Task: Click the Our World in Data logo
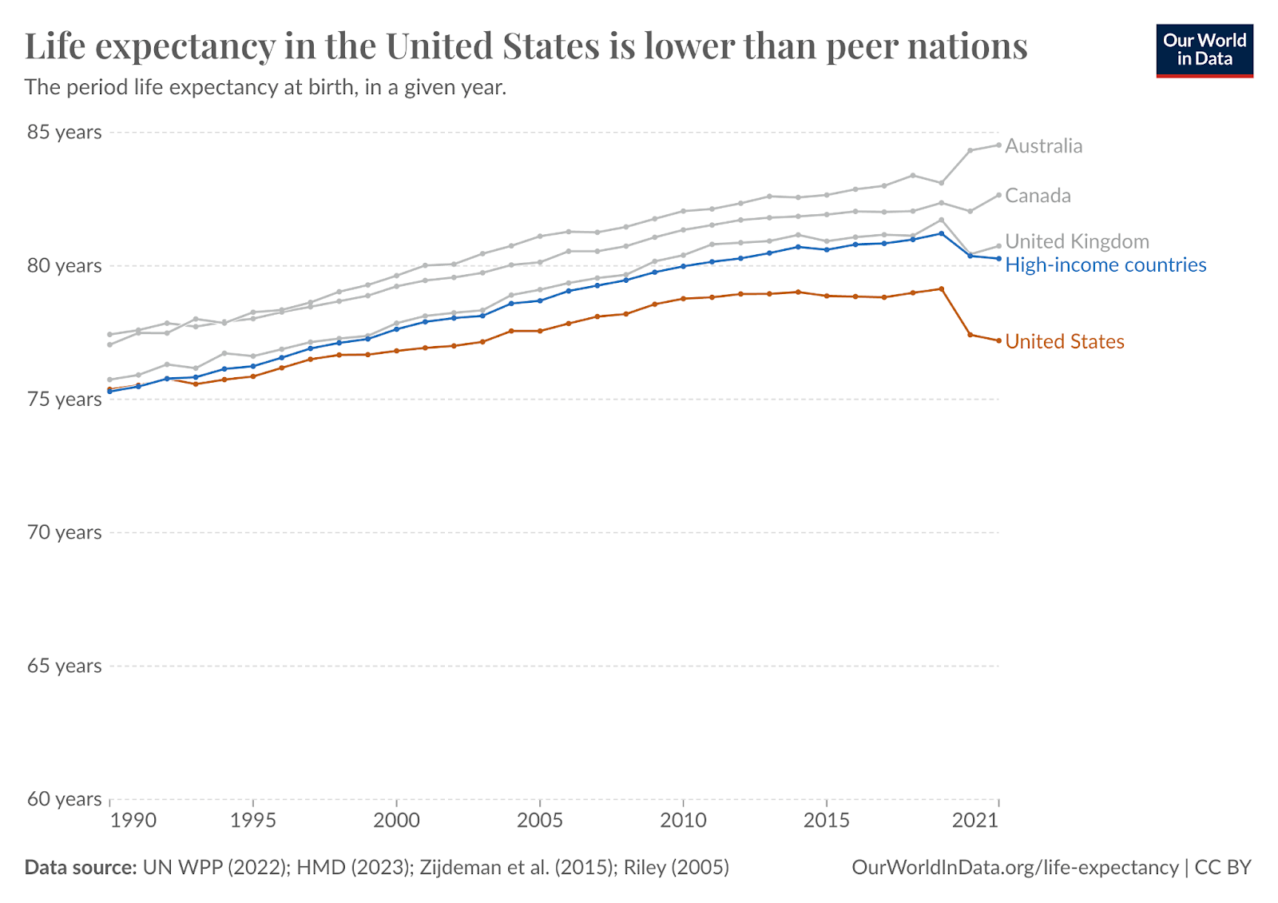1205,50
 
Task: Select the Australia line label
1043,146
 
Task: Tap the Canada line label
1038,196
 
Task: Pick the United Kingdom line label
1077,241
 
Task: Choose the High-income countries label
1105,265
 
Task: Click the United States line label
1064,342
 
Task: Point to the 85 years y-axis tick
65,132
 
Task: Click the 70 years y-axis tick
65,532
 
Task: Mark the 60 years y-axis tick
65,799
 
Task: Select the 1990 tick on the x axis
133,821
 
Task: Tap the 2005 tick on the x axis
540,821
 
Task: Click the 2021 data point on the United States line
998,340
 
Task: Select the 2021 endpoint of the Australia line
998,145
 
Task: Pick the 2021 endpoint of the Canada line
998,195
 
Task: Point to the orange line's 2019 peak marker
942,288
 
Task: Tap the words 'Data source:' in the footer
80,868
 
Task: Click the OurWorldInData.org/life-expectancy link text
1015,868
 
